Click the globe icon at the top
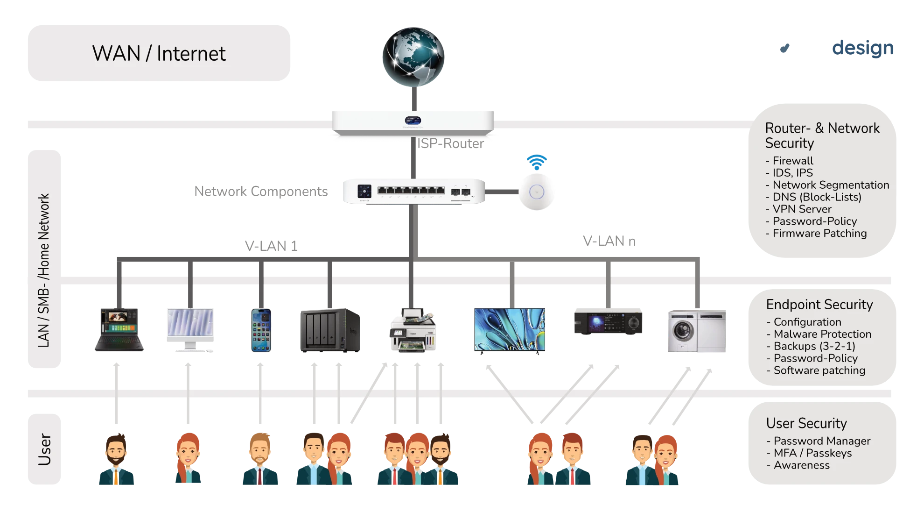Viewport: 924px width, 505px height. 413,57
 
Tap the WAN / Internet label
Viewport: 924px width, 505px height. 159,53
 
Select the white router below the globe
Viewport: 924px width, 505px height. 413,121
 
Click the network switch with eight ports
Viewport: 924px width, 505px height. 413,191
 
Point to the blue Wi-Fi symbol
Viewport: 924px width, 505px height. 537,162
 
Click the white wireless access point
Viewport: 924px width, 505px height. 537,192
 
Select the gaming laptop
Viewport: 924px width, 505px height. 119,330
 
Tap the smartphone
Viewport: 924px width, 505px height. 261,330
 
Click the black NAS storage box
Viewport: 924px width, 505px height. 330,330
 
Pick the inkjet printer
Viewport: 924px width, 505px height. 412,330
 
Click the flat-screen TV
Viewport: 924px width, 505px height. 510,330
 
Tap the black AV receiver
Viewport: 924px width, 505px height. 608,323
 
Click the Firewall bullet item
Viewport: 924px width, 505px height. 792,161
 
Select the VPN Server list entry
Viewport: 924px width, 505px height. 801,209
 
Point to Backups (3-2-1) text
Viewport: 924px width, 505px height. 814,346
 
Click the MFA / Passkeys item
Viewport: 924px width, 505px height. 812,453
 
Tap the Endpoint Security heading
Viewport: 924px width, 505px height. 819,305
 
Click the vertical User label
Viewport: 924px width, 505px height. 44,449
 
